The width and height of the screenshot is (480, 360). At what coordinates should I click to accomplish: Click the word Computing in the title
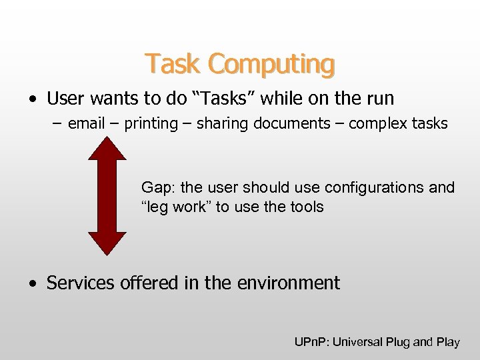click(x=271, y=65)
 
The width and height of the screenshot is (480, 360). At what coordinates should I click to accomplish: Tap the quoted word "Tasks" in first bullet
click(x=223, y=99)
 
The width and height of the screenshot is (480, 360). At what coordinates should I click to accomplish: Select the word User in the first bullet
click(x=64, y=99)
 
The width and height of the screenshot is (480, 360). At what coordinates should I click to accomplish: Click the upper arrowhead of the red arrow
click(x=107, y=147)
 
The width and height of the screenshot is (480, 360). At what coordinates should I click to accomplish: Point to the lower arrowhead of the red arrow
click(x=107, y=243)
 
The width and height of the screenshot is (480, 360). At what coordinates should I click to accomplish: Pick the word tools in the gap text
click(x=307, y=207)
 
